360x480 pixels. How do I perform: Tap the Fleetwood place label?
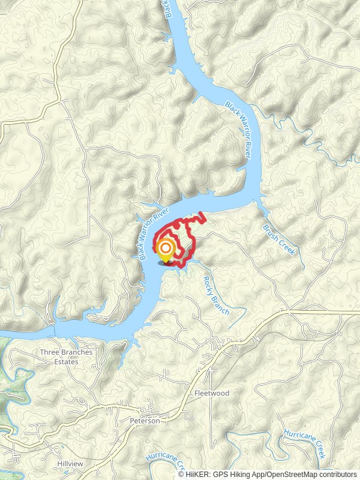tap(211, 393)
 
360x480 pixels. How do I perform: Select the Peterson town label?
tap(145, 421)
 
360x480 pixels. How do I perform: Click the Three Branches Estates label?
tap(66, 357)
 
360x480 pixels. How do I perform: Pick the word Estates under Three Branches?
tap(66, 362)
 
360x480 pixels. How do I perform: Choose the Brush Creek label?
tap(279, 240)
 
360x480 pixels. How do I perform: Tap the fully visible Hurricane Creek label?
tap(304, 444)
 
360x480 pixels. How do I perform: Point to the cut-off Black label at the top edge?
tap(167, 9)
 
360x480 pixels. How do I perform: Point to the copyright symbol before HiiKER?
tap(181, 474)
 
